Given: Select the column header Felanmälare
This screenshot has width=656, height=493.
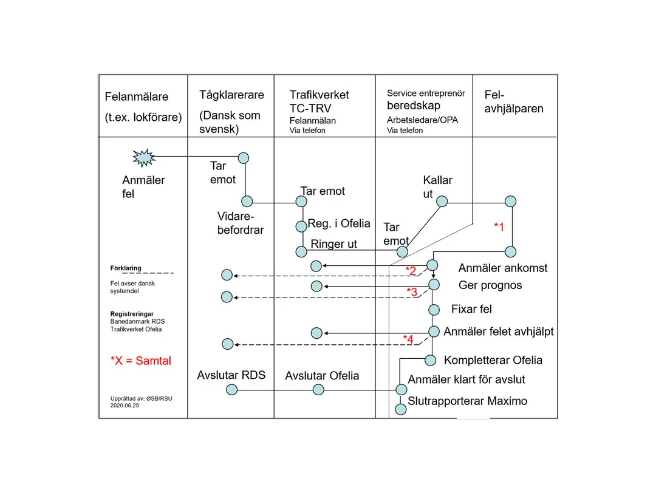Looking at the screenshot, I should (x=137, y=97).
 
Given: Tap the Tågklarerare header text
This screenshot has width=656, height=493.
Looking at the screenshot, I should (x=231, y=95).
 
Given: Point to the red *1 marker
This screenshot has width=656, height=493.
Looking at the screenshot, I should (x=499, y=226).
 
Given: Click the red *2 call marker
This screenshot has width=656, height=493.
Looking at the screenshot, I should (x=411, y=270).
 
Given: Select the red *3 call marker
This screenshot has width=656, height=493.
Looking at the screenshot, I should (x=412, y=291).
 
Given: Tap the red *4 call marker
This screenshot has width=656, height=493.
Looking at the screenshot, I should (x=408, y=339).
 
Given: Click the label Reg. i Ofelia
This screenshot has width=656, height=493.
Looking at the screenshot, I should (x=339, y=223).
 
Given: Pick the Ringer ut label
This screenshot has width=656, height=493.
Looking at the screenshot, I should (x=334, y=244).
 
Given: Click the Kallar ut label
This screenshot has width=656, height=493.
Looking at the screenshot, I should (x=437, y=187).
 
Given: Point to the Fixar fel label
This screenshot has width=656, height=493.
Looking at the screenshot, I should (x=471, y=309).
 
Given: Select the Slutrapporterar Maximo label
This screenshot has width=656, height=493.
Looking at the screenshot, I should (x=468, y=401).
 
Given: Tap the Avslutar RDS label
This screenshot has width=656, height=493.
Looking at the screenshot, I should (x=231, y=375).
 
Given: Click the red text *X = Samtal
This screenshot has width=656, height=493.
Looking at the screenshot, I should (x=141, y=361).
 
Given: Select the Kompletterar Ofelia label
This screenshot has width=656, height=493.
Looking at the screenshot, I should (x=493, y=360).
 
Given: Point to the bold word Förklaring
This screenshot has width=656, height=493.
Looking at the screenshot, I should (x=126, y=268).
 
